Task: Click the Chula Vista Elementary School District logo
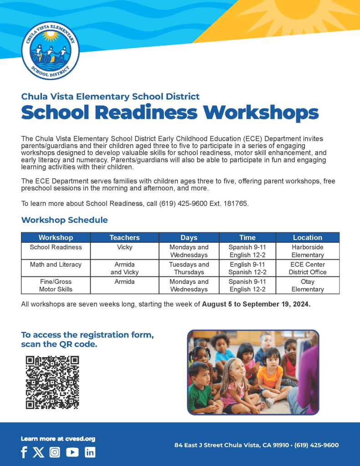coord(50,51)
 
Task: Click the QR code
coord(52,382)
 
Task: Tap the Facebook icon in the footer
coord(24,452)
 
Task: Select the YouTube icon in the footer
coord(72,452)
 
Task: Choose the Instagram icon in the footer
coord(55,452)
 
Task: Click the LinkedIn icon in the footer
coord(90,452)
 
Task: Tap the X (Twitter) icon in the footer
coord(39,452)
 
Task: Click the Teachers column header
coord(124,237)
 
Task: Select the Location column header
coord(307,237)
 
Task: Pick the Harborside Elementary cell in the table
coord(307,251)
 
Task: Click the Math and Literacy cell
coord(56,265)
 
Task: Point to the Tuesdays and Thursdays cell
coord(189,268)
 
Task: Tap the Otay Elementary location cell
coord(307,286)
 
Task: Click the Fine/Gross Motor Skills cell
coord(56,286)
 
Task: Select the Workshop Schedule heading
coord(64,220)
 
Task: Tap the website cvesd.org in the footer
coord(81,439)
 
